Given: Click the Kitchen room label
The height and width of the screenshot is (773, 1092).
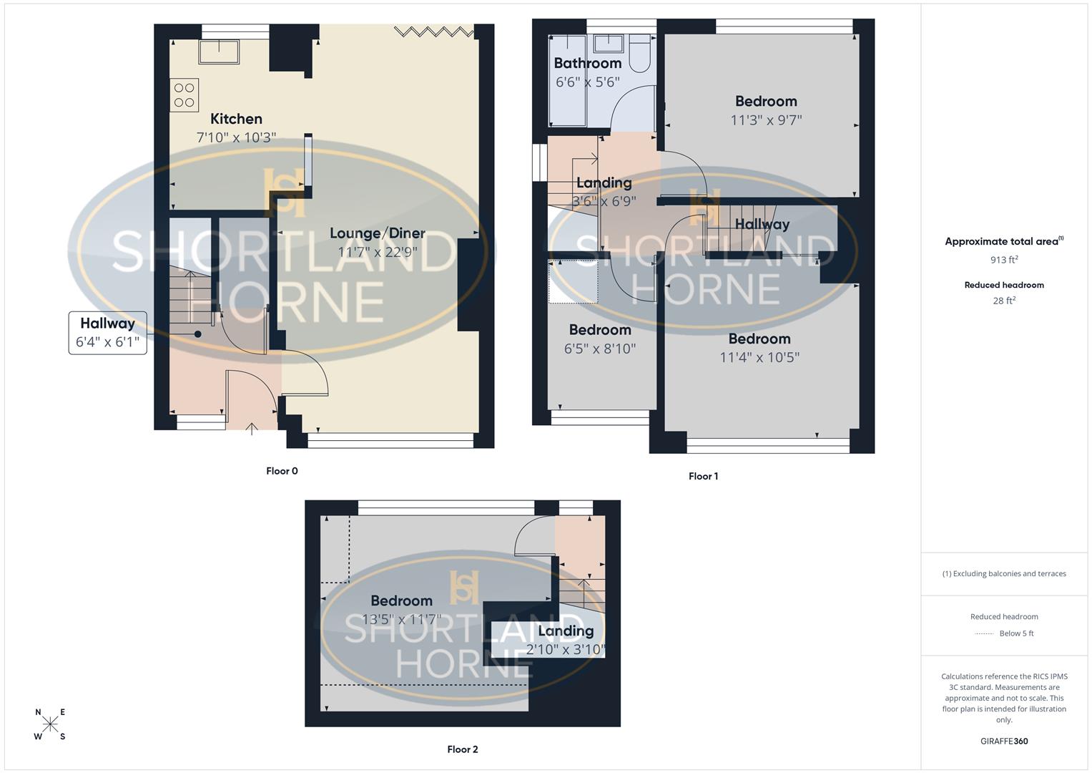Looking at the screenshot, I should tap(236, 119).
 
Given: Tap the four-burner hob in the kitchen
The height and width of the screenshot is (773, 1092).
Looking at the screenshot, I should tap(184, 95).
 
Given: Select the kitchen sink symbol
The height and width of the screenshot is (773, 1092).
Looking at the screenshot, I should tap(219, 52).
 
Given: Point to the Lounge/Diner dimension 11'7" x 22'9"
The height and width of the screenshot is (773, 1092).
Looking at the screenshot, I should tap(378, 252).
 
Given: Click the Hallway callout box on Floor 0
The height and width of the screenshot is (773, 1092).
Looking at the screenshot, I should tap(107, 333).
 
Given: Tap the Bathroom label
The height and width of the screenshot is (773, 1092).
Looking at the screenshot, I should tap(588, 63).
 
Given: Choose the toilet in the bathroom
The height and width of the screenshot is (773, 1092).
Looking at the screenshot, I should tap(639, 54).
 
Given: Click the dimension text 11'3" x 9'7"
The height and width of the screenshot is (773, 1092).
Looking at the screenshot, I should tap(766, 120).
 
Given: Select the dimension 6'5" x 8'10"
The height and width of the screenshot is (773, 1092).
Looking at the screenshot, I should tap(600, 349).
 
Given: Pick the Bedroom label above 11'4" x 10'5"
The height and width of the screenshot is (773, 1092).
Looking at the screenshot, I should tap(759, 339).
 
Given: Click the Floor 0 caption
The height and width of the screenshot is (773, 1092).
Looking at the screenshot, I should tap(282, 471).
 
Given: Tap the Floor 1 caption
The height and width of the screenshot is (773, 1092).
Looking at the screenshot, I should tap(703, 476).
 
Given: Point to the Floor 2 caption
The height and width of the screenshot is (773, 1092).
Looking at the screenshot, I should tap(463, 749).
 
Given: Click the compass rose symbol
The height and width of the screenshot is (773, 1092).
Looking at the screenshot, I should tap(50, 724).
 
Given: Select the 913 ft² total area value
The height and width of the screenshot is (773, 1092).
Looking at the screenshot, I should tap(1004, 260).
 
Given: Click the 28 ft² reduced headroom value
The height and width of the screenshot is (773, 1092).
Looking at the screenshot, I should tap(1004, 301).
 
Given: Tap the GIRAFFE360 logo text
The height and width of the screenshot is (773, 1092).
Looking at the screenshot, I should tap(1004, 742).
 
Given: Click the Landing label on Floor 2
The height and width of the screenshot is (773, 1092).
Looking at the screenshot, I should tap(566, 631).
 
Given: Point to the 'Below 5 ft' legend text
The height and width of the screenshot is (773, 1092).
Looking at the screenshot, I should tap(1016, 633).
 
